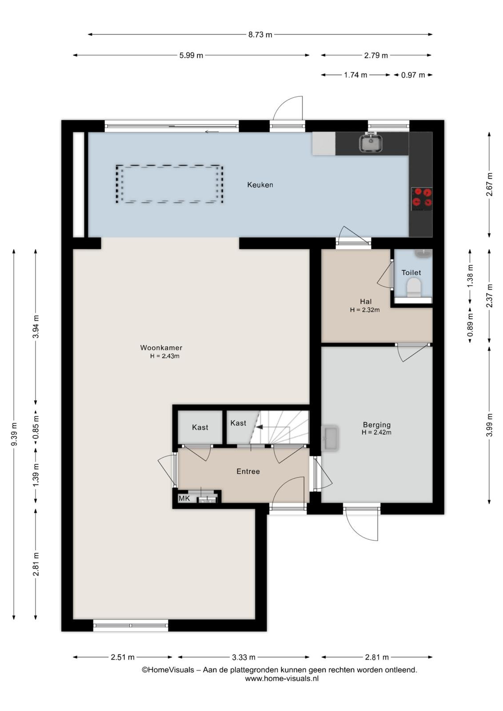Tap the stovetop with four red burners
coord(422,199)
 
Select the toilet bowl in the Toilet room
coord(414,287)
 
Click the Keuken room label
coord(260,185)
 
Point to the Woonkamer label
coord(161,348)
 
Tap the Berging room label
coord(377,425)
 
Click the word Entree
coord(248,471)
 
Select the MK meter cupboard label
coord(184,498)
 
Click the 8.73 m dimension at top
coord(260,35)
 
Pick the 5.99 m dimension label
coord(191,56)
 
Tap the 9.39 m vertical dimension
coord(14,434)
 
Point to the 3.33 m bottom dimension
coord(244,657)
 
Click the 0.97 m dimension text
coord(413,75)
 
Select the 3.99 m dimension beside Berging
coord(490,425)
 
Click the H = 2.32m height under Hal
coord(365,310)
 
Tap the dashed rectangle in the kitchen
coord(169,184)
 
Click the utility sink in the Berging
coord(330,438)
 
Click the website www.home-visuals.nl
coord(282,679)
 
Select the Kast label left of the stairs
coord(238,423)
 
